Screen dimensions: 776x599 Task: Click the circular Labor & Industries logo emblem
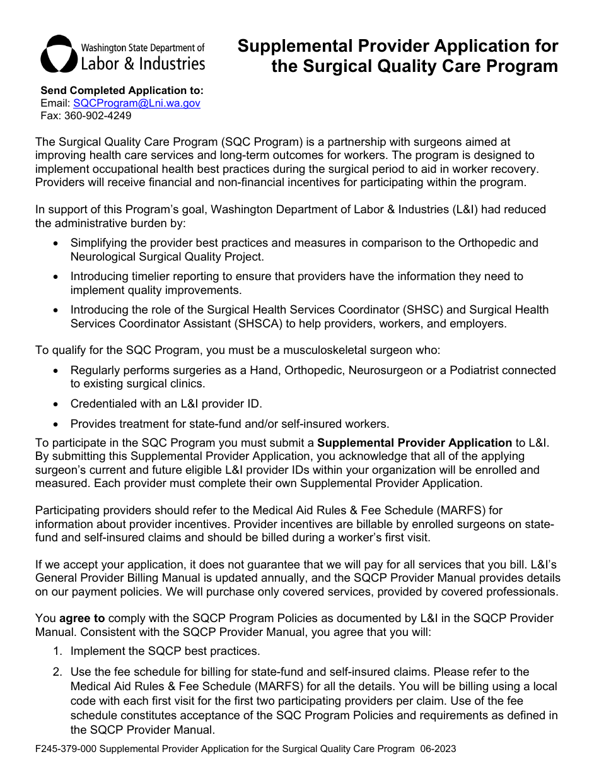pyautogui.click(x=59, y=54)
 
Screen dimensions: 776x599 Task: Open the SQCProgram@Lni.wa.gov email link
pyautogui.click(x=137, y=103)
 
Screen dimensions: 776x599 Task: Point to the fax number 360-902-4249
pyautogui.click(x=98, y=115)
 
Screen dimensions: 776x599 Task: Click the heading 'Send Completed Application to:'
pyautogui.click(x=122, y=90)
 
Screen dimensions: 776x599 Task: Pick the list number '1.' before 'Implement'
pyautogui.click(x=57, y=651)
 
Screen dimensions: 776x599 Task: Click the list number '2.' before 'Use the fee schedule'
pyautogui.click(x=57, y=672)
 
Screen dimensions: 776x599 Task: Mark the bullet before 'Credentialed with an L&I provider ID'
pyautogui.click(x=57, y=404)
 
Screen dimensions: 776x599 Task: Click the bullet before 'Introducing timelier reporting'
pyautogui.click(x=57, y=276)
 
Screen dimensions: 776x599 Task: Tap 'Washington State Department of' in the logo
pyautogui.click(x=142, y=48)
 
